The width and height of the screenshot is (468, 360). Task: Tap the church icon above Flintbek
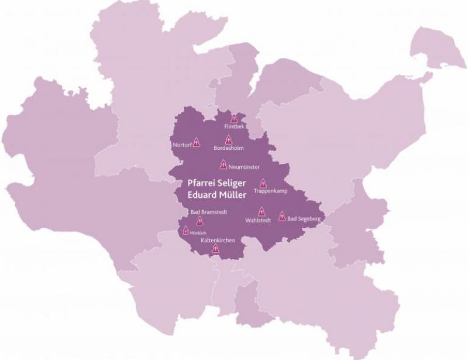click(x=234, y=118)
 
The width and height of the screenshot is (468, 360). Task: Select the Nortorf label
click(x=182, y=144)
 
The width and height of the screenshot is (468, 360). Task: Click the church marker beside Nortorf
click(x=197, y=142)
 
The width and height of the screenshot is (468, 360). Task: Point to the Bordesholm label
click(x=228, y=149)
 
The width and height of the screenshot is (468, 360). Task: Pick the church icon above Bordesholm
click(x=228, y=140)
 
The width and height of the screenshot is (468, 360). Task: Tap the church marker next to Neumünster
click(x=223, y=164)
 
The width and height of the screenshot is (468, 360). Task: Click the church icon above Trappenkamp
click(x=263, y=183)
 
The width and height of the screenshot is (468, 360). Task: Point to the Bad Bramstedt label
click(x=209, y=212)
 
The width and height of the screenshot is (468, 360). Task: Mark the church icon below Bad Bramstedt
click(x=199, y=221)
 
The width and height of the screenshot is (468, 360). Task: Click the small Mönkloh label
click(x=199, y=232)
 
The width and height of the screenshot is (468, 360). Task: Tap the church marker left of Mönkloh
click(x=186, y=230)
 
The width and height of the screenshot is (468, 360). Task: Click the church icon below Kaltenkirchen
click(x=215, y=249)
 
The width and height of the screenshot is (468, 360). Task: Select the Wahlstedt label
click(x=258, y=221)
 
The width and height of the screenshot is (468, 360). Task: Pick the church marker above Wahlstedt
click(x=261, y=212)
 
